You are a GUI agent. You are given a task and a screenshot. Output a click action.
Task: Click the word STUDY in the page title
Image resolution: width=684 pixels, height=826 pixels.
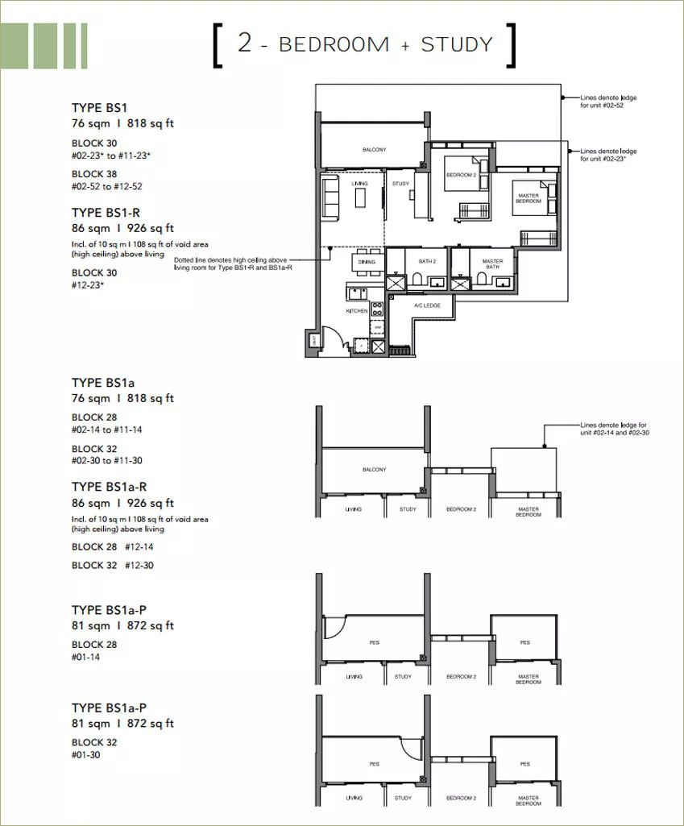[x=456, y=44]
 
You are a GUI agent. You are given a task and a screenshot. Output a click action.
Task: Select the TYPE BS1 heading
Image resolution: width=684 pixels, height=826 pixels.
[x=99, y=108]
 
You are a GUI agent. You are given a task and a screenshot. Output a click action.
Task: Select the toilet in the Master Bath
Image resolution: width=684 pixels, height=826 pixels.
[x=481, y=279]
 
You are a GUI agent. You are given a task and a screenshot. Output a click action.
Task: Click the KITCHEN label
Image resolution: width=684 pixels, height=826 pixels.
[x=357, y=310]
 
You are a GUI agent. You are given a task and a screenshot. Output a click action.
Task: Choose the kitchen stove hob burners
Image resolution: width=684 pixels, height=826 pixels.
[x=376, y=308]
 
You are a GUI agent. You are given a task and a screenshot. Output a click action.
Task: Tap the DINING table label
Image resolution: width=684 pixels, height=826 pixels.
[x=367, y=262]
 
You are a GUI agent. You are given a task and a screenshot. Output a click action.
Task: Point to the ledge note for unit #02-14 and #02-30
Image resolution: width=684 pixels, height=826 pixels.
[x=612, y=429]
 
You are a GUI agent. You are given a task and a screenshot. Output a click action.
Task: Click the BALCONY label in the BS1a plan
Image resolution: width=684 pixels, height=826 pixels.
[x=373, y=470]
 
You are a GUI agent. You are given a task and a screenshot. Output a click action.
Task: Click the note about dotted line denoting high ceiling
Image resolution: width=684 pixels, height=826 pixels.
[x=233, y=264]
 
